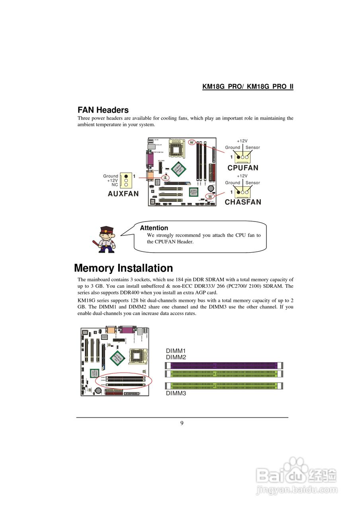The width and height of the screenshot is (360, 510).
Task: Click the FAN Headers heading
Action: click(103, 110)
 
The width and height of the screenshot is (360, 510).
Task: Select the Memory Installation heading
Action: click(123, 268)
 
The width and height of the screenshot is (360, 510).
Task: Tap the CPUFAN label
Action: click(243, 168)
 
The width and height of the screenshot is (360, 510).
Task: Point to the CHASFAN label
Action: click(243, 202)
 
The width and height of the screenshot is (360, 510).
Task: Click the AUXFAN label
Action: click(123, 194)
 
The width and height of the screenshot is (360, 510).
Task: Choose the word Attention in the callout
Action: click(154, 228)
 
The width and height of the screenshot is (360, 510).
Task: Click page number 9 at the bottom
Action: click(182, 423)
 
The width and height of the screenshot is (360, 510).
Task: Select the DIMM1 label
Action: click(176, 351)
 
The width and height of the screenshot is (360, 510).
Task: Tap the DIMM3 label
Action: click(176, 393)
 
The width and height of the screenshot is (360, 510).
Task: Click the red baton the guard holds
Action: click(96, 243)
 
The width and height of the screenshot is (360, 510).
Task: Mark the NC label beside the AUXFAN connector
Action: click(115, 185)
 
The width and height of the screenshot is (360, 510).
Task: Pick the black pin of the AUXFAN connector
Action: click(126, 176)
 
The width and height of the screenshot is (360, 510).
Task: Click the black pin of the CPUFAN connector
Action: click(238, 157)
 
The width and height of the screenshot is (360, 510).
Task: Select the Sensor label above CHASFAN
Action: click(252, 183)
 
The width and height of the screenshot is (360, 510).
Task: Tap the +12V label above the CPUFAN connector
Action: click(242, 141)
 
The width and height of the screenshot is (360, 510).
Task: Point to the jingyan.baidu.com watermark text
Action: click(297, 490)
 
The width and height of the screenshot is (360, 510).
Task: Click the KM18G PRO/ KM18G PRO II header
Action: click(248, 87)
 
